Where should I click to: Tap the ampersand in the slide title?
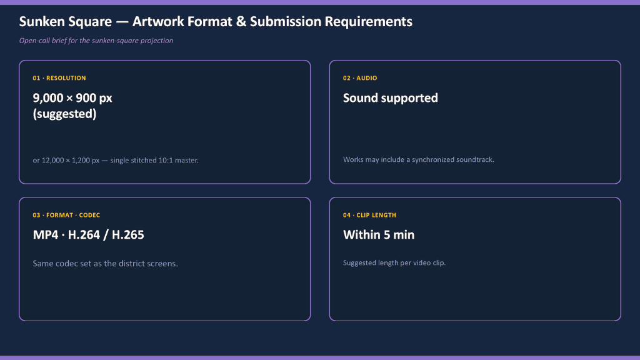coord(241,22)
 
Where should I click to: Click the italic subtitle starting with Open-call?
coord(96,41)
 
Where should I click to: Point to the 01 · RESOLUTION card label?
coord(59,78)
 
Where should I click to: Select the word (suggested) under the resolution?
coord(64,114)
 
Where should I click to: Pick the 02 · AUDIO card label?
coord(360,78)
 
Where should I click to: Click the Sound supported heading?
coord(390,98)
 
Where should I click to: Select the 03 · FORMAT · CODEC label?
coord(66,215)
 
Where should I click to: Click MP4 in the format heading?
coord(45,235)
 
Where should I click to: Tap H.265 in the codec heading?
coord(127,235)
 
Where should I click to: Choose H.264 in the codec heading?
coord(84,235)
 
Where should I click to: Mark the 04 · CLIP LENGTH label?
coord(369,215)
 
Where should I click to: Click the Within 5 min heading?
coord(378,235)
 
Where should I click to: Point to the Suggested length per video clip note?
coord(394,263)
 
